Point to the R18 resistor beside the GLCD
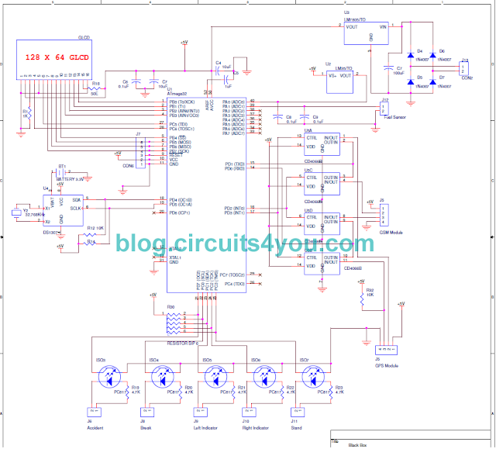(95, 88)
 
